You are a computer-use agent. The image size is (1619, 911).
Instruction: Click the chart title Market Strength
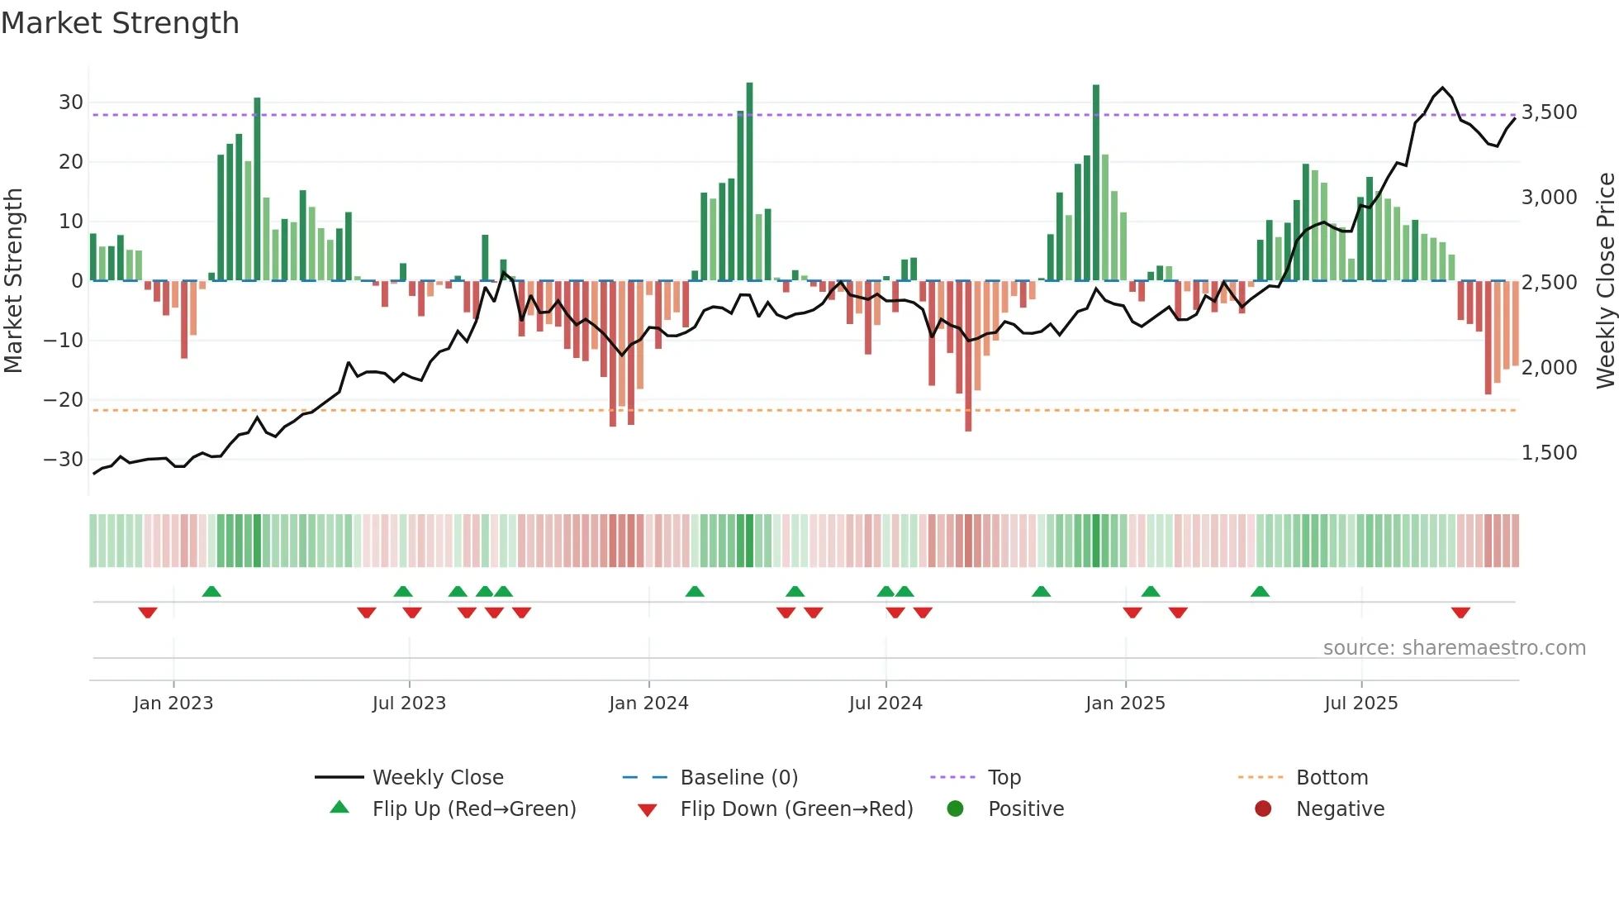[120, 23]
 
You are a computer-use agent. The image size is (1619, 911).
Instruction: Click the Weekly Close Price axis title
[1605, 281]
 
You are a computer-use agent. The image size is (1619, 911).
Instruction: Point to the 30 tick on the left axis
[71, 103]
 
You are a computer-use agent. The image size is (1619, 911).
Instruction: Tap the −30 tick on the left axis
[64, 460]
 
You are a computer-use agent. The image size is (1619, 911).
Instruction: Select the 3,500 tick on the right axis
[1549, 112]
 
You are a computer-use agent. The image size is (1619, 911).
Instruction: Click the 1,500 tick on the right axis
[1549, 453]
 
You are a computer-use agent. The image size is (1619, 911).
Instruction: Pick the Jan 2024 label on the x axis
[648, 704]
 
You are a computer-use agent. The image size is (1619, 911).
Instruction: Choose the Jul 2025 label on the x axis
[1360, 704]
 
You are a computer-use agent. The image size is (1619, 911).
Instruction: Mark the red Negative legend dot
[1263, 809]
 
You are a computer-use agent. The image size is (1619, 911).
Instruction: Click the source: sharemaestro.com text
[1454, 648]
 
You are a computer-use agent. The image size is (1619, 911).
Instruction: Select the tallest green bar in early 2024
[749, 182]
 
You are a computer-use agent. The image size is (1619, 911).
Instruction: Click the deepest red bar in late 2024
[968, 355]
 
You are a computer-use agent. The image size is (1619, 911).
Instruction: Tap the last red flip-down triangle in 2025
[1460, 613]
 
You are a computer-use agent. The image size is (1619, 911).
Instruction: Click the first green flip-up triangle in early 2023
[211, 591]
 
